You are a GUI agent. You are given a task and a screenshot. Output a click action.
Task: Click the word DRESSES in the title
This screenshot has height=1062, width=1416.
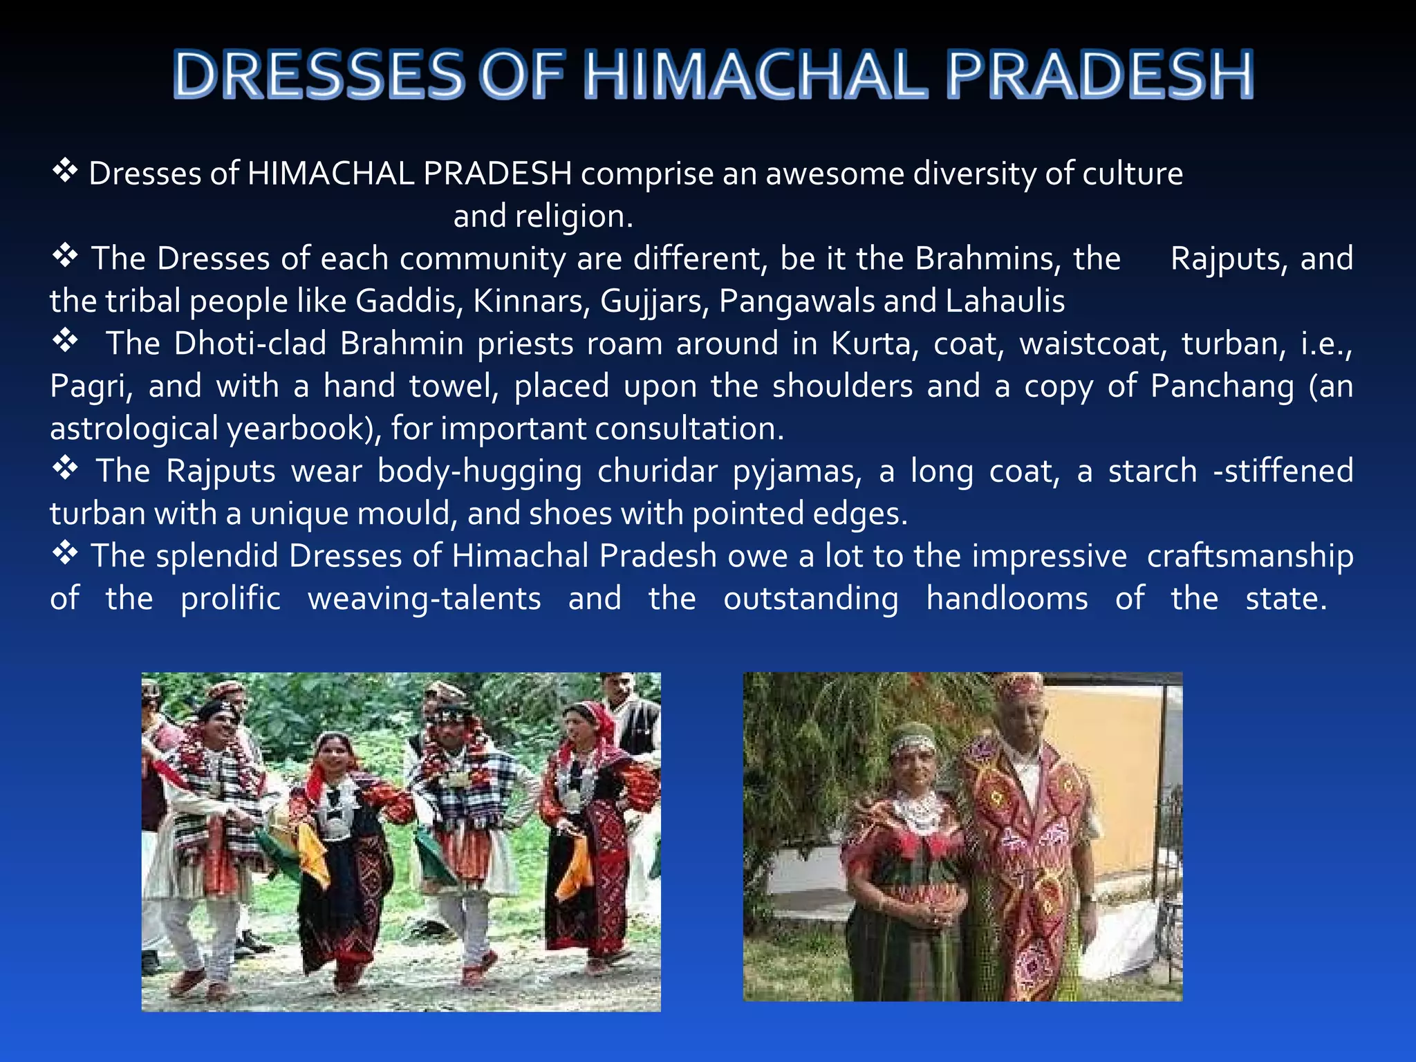click(x=319, y=75)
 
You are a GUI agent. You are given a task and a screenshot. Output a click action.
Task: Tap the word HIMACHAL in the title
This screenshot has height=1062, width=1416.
click(x=756, y=75)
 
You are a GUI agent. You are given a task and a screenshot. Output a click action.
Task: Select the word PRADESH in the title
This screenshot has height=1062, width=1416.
click(x=1099, y=75)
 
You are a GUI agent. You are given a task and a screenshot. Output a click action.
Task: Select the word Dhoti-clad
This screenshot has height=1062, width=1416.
click(x=250, y=344)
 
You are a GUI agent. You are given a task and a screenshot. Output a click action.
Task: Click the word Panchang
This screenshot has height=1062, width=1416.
click(x=1222, y=386)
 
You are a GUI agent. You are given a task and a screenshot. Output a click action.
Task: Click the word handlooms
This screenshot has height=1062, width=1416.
click(x=1007, y=599)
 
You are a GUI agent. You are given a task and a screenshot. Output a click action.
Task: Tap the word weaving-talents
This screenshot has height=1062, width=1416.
click(x=425, y=599)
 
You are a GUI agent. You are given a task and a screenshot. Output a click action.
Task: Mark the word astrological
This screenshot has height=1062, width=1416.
click(x=134, y=429)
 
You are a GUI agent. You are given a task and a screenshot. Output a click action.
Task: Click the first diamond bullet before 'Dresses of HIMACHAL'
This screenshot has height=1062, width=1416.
click(x=65, y=170)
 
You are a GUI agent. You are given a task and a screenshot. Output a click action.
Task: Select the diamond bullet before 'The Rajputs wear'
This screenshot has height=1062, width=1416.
click(x=65, y=469)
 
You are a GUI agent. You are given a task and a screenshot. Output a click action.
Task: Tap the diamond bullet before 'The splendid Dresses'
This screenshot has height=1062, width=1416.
click(x=65, y=554)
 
